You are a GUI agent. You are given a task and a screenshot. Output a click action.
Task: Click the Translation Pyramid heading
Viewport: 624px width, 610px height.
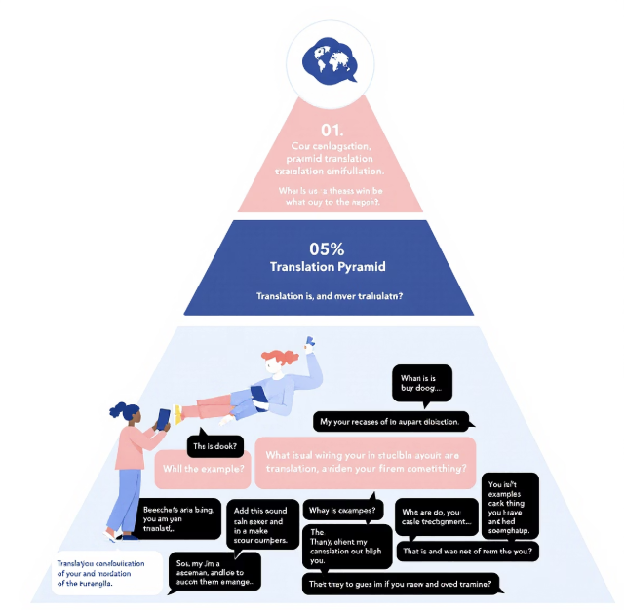coord(329,266)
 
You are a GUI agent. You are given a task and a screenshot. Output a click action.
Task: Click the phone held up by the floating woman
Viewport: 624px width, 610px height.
coord(310,343)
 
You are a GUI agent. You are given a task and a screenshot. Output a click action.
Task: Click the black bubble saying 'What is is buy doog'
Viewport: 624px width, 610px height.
coord(421,383)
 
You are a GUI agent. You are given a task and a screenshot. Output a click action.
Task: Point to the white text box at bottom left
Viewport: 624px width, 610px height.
coord(106,573)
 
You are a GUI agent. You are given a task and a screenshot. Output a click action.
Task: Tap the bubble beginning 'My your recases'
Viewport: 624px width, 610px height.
coord(393,421)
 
